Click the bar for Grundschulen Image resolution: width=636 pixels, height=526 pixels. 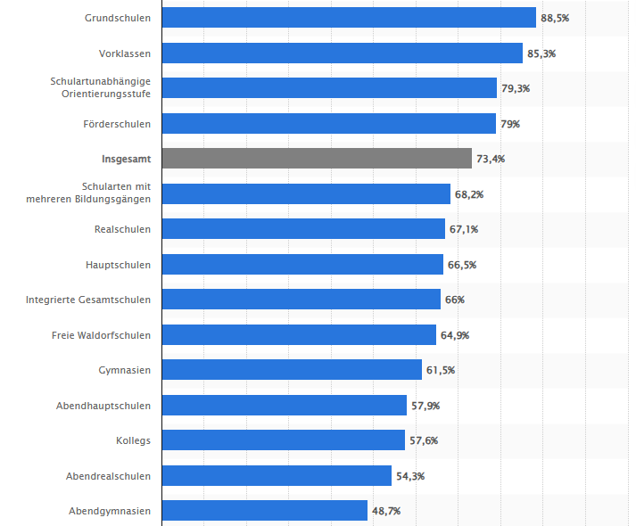[349, 18]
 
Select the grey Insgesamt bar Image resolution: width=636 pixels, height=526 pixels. [317, 159]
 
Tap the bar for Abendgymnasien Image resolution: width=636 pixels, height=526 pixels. [264, 511]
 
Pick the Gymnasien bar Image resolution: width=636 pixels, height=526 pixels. [292, 370]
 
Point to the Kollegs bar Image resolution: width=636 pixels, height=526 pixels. [283, 440]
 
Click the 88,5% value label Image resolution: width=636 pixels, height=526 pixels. [556, 18]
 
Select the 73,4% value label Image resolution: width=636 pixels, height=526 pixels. [491, 159]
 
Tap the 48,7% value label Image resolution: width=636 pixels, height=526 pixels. [386, 511]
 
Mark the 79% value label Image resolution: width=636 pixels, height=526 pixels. [510, 124]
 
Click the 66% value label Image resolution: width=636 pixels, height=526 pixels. [454, 300]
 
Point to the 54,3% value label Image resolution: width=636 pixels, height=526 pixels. [410, 476]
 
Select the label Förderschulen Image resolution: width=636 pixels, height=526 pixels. [118, 124]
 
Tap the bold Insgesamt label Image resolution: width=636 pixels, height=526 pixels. [126, 159]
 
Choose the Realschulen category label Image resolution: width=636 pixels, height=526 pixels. [122, 229]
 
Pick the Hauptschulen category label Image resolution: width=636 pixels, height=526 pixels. [119, 265]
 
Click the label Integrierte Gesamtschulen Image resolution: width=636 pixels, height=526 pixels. [88, 300]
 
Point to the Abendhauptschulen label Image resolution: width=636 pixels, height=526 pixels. [103, 406]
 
